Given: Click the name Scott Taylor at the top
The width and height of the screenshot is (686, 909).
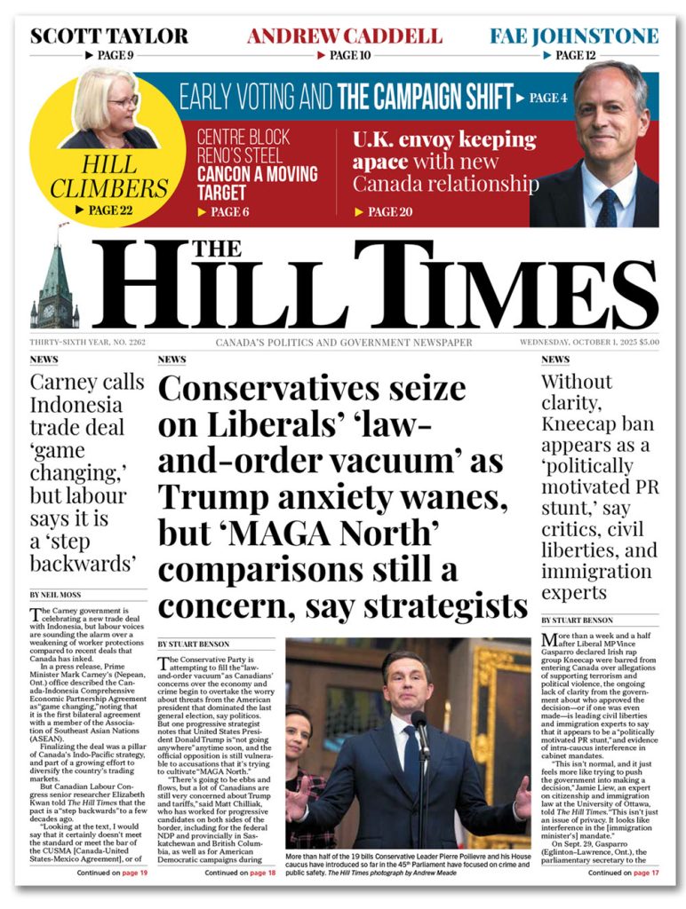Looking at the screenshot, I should pyautogui.click(x=108, y=36).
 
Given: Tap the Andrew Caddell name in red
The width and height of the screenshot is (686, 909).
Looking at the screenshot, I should pyautogui.click(x=344, y=36).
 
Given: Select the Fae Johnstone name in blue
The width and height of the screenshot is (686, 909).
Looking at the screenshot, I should pyautogui.click(x=574, y=36).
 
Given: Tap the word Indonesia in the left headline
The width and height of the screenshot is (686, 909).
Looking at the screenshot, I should pyautogui.click(x=76, y=406).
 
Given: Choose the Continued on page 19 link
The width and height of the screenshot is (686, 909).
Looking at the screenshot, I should pyautogui.click(x=112, y=873).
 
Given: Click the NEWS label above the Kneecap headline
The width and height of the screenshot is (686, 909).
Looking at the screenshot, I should pyautogui.click(x=555, y=360).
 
